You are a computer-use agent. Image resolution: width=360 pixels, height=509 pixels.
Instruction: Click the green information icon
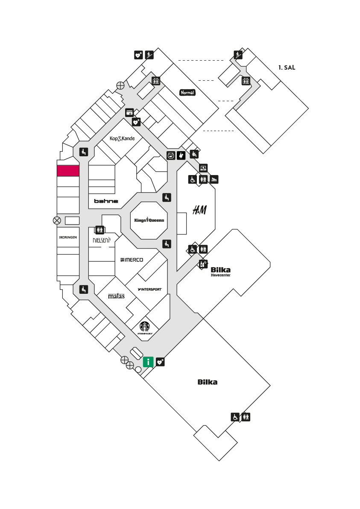pos(148,362)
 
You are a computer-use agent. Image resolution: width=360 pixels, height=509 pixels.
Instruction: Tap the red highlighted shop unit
pos(68,171)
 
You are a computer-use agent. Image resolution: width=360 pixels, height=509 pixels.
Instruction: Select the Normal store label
pos(187,93)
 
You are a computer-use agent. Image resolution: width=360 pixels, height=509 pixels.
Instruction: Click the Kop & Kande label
pos(122,138)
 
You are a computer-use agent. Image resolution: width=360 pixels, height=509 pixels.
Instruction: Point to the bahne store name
pos(106,201)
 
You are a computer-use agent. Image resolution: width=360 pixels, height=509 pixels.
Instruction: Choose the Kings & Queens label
pos(149,220)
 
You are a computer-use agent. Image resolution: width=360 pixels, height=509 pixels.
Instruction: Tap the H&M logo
pos(199,210)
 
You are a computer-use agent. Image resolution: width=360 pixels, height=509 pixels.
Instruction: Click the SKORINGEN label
pos(68,237)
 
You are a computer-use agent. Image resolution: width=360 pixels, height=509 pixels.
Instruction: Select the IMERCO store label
pos(132,260)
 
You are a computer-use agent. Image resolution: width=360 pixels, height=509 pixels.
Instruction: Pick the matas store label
pos(116,296)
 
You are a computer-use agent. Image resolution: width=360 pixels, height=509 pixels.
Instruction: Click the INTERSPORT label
pos(149,289)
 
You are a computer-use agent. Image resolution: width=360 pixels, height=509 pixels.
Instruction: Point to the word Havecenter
pos(220,275)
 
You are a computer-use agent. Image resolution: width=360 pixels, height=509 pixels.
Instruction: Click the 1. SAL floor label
pos(287,67)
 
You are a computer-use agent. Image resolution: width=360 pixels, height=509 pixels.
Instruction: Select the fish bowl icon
pos(171,155)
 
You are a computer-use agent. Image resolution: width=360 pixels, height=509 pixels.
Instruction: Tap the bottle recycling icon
pos(203,264)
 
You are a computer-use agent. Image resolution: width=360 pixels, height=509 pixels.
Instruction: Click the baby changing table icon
pos(214,179)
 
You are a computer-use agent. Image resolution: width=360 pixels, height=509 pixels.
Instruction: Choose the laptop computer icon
pos(203,168)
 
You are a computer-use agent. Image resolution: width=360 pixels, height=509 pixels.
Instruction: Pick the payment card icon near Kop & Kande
pos(129,113)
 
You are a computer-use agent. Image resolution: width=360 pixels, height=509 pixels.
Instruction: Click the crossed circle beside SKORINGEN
pos(57,221)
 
